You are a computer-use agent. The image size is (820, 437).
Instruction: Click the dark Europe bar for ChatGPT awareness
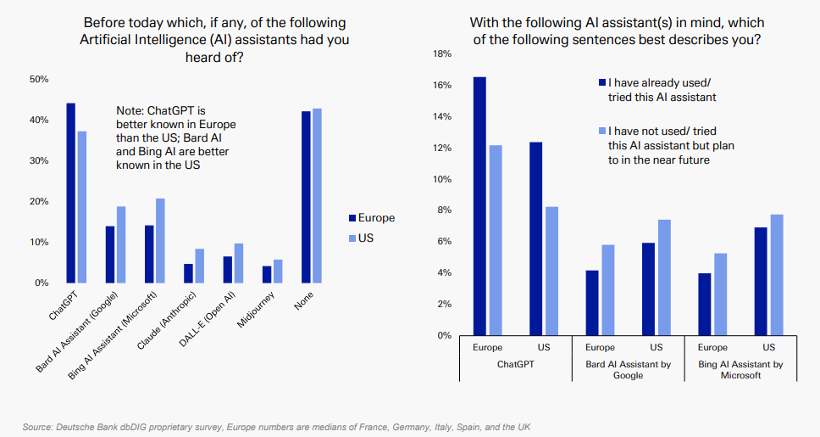tap(71, 193)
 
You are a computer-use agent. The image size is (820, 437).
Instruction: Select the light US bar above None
tap(318, 196)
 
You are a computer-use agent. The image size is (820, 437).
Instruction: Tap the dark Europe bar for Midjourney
tap(267, 275)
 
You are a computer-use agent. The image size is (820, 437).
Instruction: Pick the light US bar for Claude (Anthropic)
tap(199, 266)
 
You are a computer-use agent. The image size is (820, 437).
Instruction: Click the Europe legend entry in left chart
tap(370, 218)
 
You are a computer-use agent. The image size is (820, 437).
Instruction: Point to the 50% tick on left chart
tap(39, 79)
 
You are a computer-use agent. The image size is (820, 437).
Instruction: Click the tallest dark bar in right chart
tap(479, 206)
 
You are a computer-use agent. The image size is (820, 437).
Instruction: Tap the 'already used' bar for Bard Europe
tap(592, 303)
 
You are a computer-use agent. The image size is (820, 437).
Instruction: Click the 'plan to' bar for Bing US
tap(777, 275)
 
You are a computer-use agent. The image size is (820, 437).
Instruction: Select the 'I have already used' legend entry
tap(657, 90)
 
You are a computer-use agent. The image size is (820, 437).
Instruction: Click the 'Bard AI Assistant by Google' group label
tap(628, 370)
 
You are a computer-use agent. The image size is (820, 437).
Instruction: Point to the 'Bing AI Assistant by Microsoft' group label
tap(740, 370)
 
